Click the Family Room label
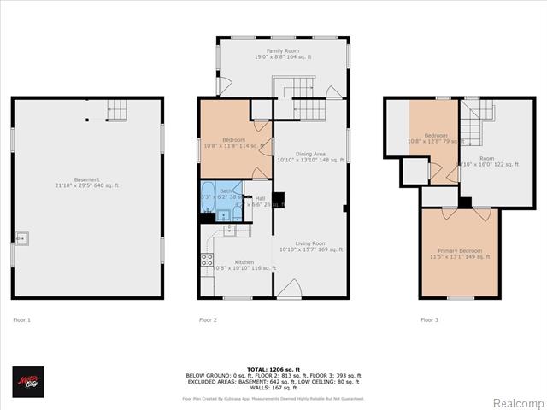tap(282, 54)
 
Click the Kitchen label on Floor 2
tap(244, 262)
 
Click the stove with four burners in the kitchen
tap(207, 259)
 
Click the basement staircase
tap(117, 109)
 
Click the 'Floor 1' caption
tap(22, 319)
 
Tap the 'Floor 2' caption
tap(209, 319)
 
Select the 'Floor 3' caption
tap(429, 319)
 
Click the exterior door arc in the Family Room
tap(224, 86)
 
